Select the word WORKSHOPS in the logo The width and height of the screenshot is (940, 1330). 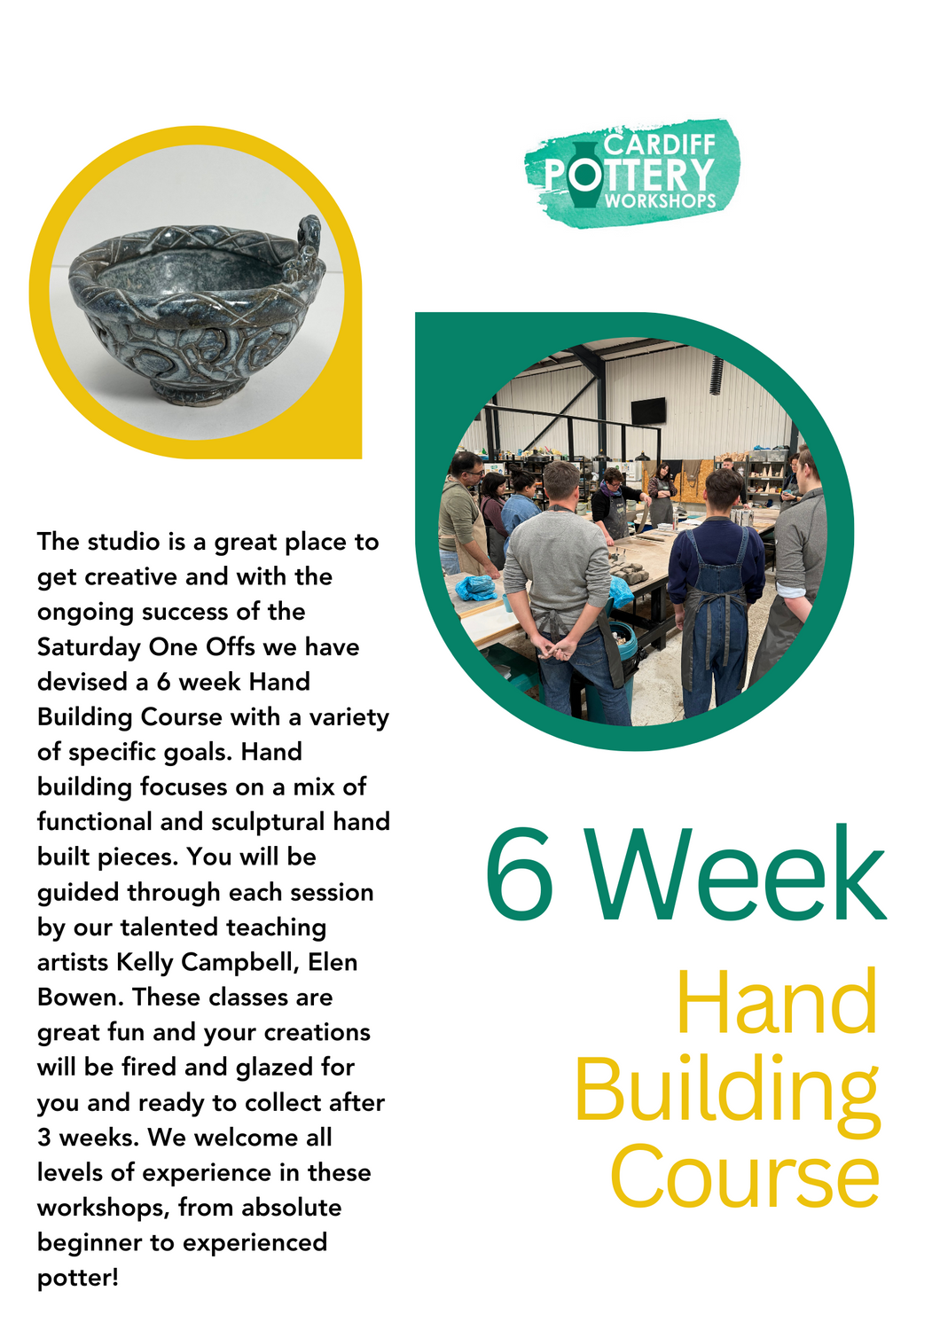tap(660, 201)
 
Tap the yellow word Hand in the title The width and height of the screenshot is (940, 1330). tap(777, 1003)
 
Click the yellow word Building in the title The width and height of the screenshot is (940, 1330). tap(727, 1091)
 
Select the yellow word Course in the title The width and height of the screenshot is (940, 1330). tap(745, 1177)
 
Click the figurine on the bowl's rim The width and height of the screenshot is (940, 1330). tap(307, 243)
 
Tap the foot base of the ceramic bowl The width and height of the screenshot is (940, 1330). tap(190, 390)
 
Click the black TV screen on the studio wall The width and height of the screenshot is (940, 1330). tap(648, 411)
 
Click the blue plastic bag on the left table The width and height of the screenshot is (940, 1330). tap(475, 587)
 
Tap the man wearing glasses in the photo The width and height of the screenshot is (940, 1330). tap(462, 514)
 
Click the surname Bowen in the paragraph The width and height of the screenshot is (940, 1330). tap(79, 997)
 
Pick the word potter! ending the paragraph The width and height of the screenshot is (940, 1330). tap(78, 1278)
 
